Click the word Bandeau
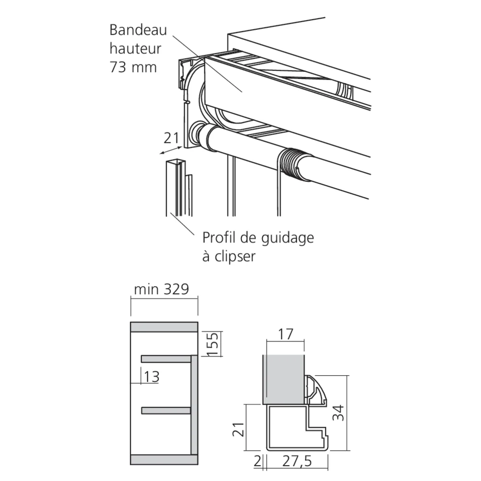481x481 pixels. coord(138,30)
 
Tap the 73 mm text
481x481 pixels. coord(133,67)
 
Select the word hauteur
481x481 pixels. coord(135,49)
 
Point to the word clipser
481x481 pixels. coord(235,256)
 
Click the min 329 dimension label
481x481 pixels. coord(161,289)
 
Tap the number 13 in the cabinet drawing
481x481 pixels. coord(151,377)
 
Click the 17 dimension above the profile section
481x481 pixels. coord(285,334)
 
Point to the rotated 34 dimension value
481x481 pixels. coord(338,413)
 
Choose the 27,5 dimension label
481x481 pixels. coord(297,461)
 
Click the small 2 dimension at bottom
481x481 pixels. coord(258,461)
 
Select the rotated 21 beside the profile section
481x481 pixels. coord(239,429)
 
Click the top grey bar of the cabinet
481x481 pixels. coord(164,327)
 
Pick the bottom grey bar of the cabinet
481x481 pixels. coord(164,459)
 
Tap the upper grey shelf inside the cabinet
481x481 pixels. coord(166,359)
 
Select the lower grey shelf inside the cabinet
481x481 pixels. coord(166,410)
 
